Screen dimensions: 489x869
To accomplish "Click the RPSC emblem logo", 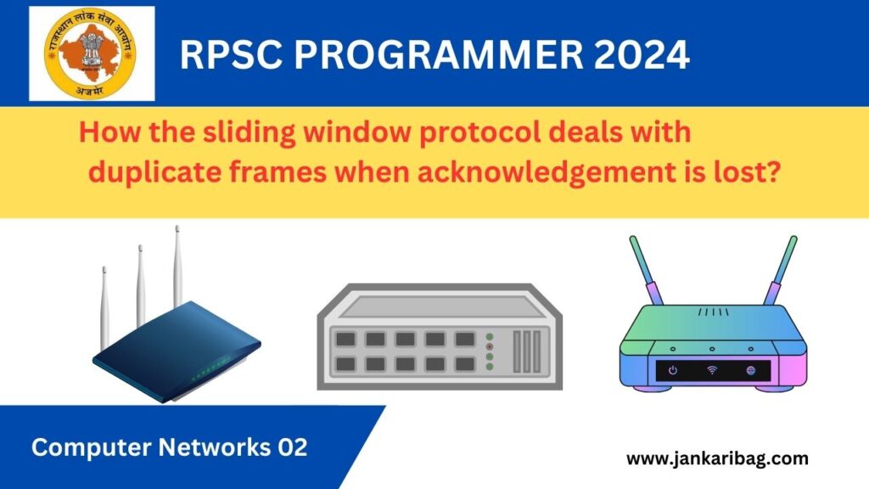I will click(92, 53).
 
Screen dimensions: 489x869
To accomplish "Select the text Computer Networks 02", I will click(169, 447).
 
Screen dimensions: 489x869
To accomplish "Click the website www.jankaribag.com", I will click(717, 459).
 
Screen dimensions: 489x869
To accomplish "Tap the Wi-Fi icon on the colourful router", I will click(711, 371).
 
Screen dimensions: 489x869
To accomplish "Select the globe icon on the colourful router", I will click(750, 371).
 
